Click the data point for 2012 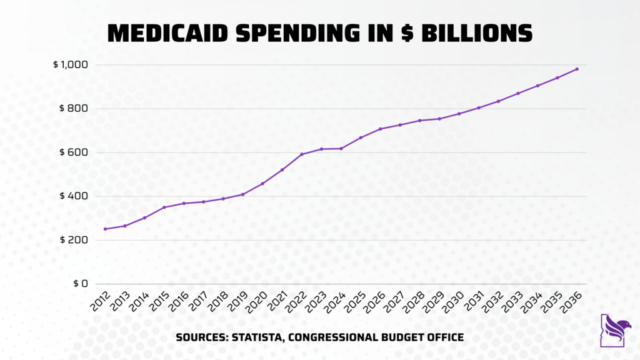[105, 229]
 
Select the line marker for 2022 [302, 154]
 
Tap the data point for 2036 [577, 69]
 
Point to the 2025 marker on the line [361, 137]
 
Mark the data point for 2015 [164, 207]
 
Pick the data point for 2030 [459, 114]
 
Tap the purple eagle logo [615, 329]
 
